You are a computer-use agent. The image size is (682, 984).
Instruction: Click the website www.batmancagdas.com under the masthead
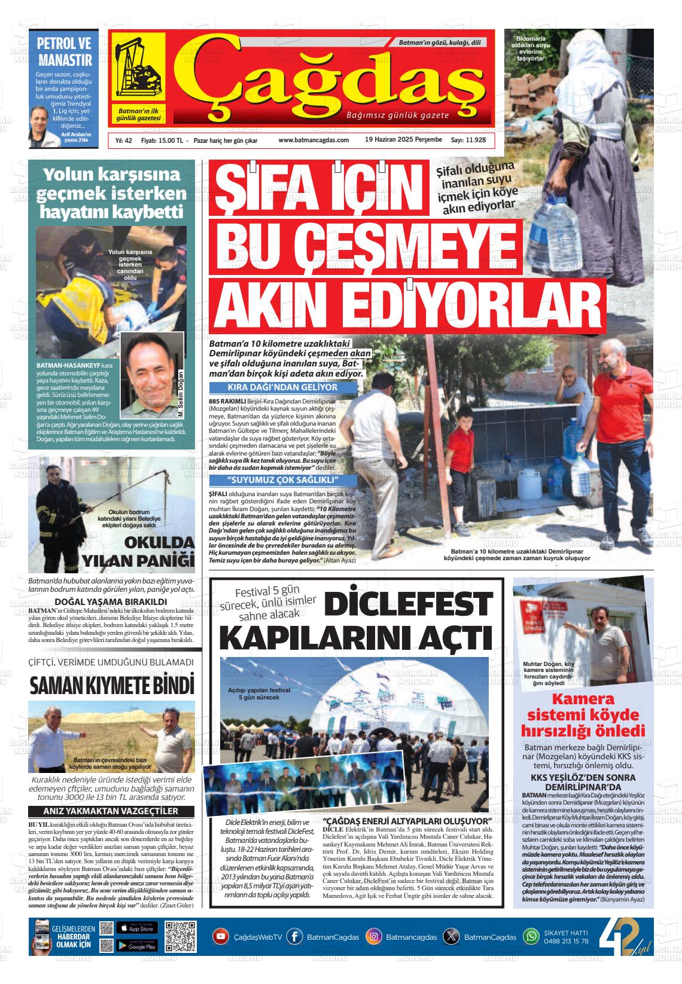[x=313, y=140]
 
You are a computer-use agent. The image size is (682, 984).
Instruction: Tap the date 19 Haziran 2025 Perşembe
[x=403, y=140]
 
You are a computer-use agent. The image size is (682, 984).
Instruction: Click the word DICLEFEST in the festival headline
[x=411, y=604]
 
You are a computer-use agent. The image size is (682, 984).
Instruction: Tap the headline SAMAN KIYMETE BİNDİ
[x=112, y=684]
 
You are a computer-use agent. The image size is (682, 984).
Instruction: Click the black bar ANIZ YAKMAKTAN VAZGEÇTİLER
[x=111, y=811]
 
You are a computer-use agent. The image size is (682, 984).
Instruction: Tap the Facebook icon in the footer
[x=294, y=936]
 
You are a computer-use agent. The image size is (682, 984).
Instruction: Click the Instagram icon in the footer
[x=374, y=936]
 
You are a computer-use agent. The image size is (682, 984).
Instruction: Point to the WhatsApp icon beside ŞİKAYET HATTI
[x=531, y=936]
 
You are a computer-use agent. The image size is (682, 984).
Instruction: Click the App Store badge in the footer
[x=137, y=928]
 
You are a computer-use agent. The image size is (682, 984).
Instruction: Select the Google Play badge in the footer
[x=137, y=945]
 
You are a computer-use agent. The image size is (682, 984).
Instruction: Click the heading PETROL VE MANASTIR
[x=65, y=51]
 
